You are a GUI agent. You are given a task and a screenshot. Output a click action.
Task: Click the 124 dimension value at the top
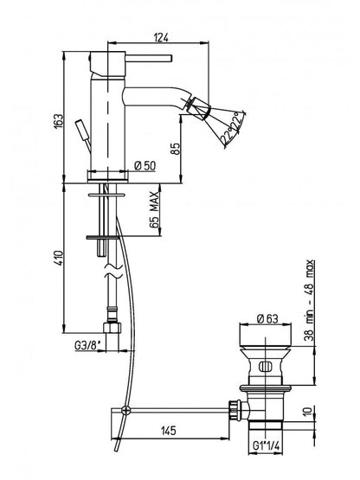tap(161, 37)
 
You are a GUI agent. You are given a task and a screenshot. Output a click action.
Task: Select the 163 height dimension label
tap(58, 120)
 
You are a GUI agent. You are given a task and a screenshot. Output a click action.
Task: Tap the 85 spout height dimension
tap(176, 149)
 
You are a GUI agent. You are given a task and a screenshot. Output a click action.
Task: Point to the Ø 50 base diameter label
tap(145, 165)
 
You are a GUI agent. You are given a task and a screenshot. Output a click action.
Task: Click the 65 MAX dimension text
tap(155, 209)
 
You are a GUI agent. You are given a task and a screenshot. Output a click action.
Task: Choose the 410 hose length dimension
tap(58, 258)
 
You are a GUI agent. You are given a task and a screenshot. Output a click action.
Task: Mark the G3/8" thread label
tap(87, 346)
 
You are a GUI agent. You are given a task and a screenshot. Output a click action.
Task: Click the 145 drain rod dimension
tap(169, 431)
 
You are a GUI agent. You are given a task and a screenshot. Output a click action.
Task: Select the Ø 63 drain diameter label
tap(267, 318)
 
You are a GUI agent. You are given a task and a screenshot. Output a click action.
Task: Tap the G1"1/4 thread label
tap(267, 445)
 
